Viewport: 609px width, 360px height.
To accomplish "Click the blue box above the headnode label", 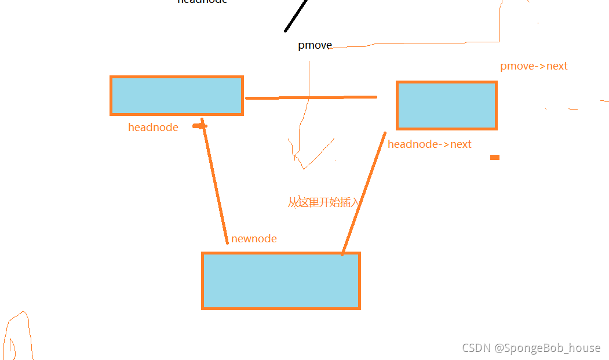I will [x=176, y=96].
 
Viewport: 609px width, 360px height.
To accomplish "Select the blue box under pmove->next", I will [x=446, y=106].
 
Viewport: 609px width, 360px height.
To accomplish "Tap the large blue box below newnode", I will [x=280, y=281].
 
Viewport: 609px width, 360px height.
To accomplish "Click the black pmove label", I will [x=315, y=45].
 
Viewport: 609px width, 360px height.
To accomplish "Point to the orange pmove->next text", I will [x=534, y=66].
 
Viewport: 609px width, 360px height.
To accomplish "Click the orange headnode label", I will [x=153, y=128].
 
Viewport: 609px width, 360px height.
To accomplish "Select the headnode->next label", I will [x=429, y=144].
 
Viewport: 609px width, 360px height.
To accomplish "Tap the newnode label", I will [x=254, y=239].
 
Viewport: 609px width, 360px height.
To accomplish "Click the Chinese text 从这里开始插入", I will [x=324, y=202].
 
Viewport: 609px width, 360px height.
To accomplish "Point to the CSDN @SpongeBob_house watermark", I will [x=531, y=348].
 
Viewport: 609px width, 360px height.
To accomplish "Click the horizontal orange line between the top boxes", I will [x=311, y=97].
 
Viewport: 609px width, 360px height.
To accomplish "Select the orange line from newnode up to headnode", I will [x=215, y=183].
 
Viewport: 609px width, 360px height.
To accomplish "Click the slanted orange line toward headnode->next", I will [x=364, y=193].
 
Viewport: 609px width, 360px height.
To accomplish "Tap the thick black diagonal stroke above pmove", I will [x=296, y=16].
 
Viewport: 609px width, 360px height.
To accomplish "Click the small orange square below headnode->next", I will [x=494, y=157].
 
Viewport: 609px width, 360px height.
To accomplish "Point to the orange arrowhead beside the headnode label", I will [x=200, y=126].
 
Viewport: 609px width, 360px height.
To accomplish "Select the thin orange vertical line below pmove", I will [x=309, y=87].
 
